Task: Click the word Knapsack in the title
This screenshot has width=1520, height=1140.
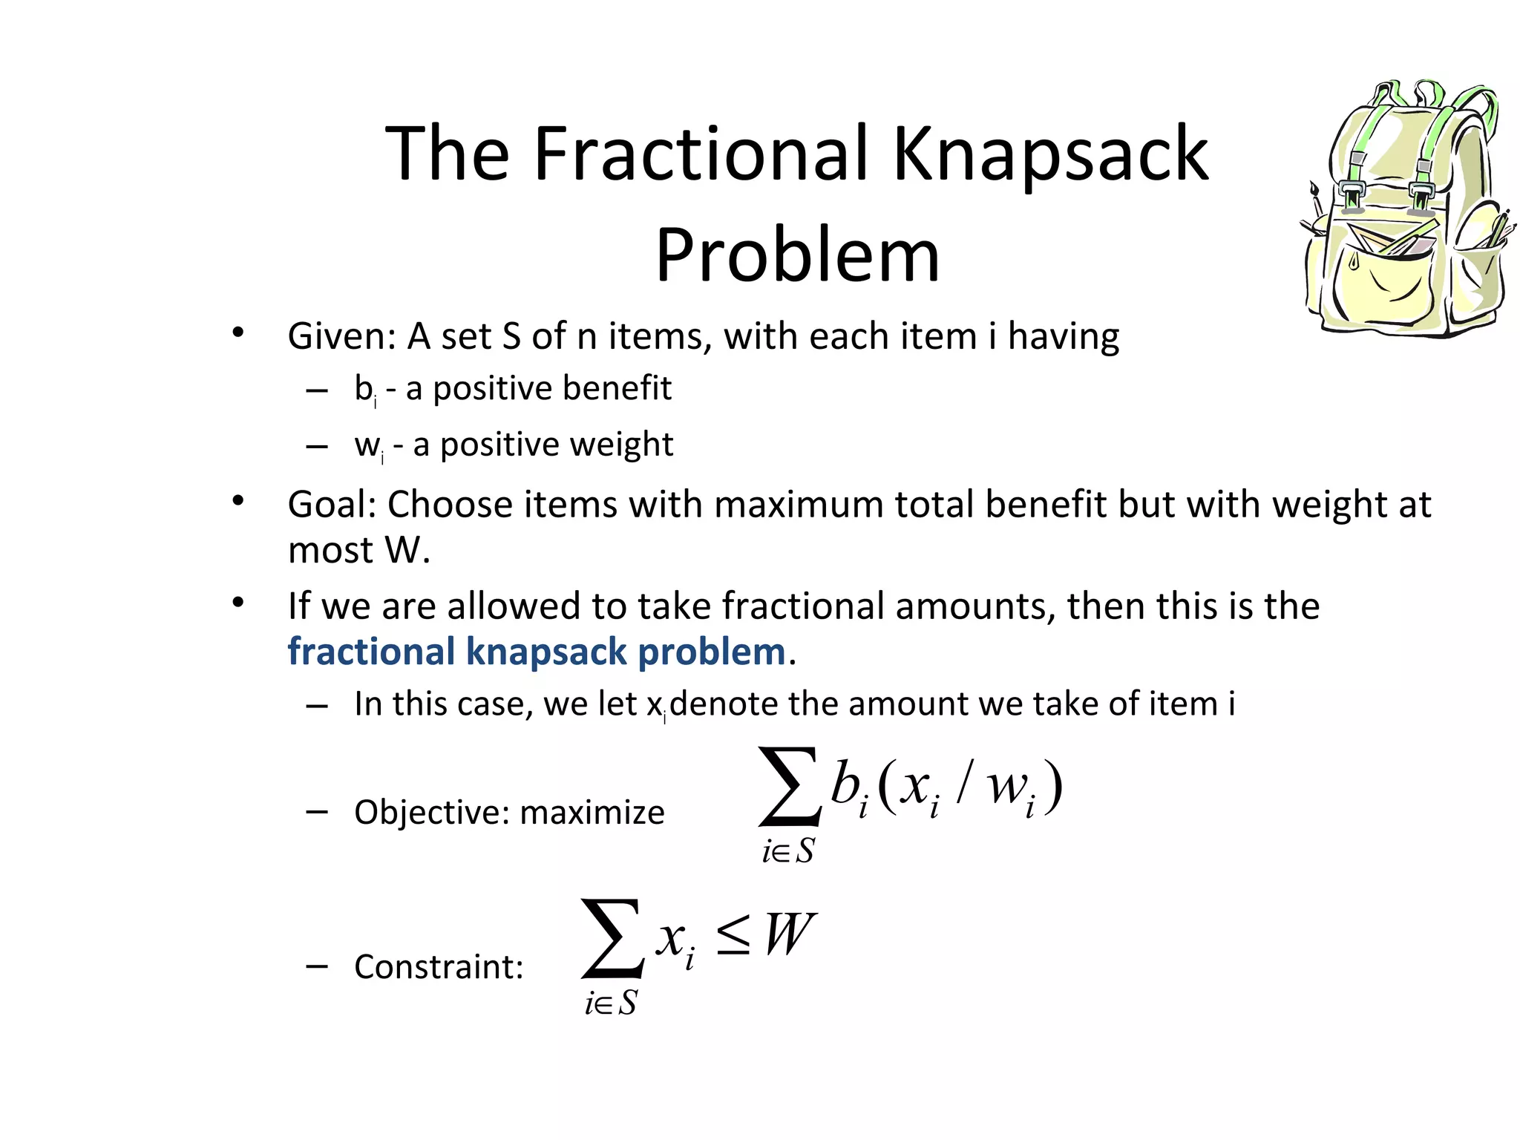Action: (1050, 154)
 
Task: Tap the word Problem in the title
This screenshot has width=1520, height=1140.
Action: (798, 256)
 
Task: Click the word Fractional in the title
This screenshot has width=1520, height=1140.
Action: (701, 154)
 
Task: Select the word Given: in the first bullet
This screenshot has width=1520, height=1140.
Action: (342, 336)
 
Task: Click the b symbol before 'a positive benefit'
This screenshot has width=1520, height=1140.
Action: (363, 387)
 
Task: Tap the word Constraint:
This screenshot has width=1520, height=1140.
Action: (439, 967)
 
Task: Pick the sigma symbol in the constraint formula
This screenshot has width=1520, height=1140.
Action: (612, 939)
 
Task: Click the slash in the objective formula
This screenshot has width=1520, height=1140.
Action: (963, 783)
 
